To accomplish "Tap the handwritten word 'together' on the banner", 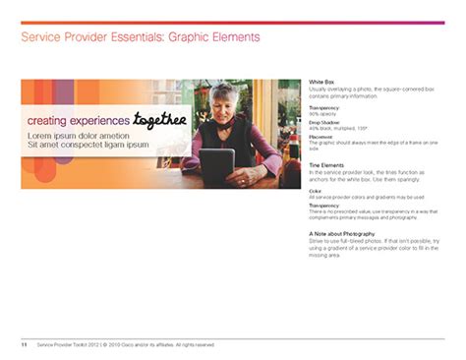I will (x=159, y=119).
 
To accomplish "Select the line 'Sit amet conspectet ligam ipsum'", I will (x=87, y=145).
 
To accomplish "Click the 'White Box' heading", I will (x=322, y=81).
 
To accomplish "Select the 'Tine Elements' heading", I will (x=326, y=164).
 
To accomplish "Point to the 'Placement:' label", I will (x=320, y=137).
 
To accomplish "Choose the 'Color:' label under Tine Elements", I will (x=316, y=192).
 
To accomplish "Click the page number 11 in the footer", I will (x=24, y=345).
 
